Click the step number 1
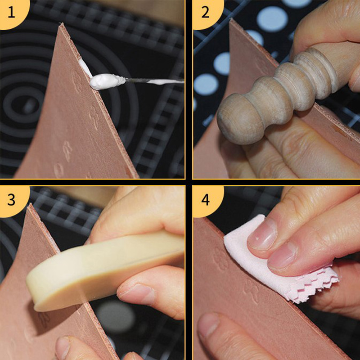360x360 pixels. pyautogui.click(x=11, y=12)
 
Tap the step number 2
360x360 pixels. pyautogui.click(x=205, y=12)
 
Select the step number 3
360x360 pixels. pyautogui.click(x=11, y=199)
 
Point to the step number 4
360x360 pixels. pyautogui.click(x=206, y=199)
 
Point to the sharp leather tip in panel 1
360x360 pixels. pyautogui.click(x=61, y=23)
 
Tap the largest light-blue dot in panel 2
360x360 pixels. pyautogui.click(x=272, y=19)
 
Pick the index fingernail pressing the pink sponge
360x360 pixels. pyautogui.click(x=262, y=234)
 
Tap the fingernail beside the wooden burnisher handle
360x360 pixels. pyautogui.click(x=355, y=78)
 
